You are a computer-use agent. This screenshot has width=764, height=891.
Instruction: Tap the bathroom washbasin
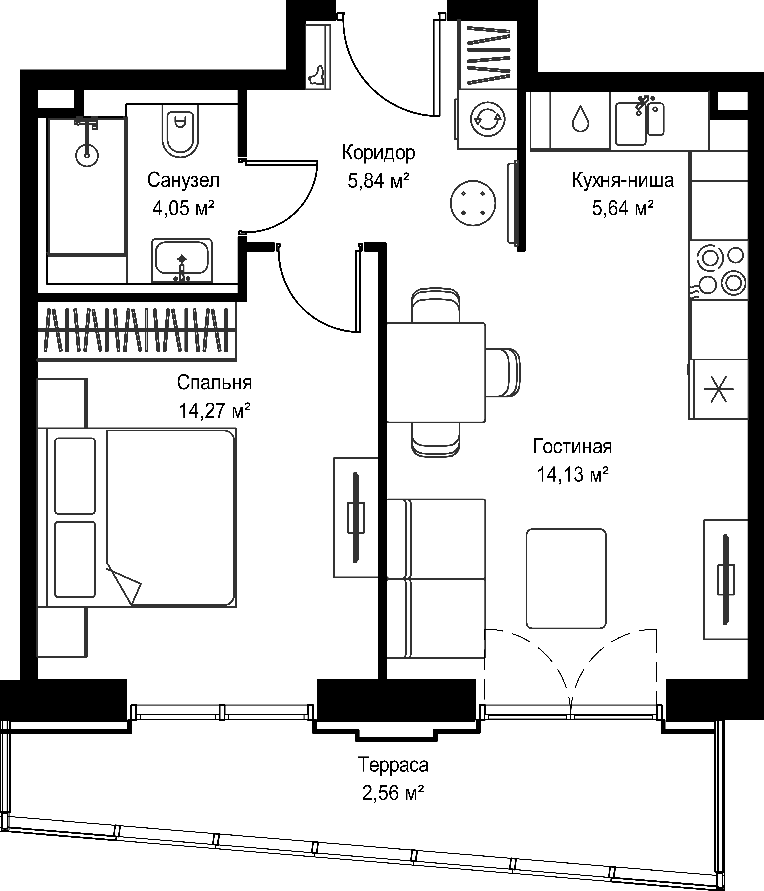click(x=182, y=261)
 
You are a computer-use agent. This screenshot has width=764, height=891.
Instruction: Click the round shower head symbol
click(x=87, y=155)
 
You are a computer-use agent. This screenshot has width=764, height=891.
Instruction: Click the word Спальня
click(x=214, y=382)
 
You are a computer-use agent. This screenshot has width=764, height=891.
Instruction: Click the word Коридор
click(x=379, y=153)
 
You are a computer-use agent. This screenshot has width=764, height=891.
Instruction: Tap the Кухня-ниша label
click(x=623, y=180)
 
